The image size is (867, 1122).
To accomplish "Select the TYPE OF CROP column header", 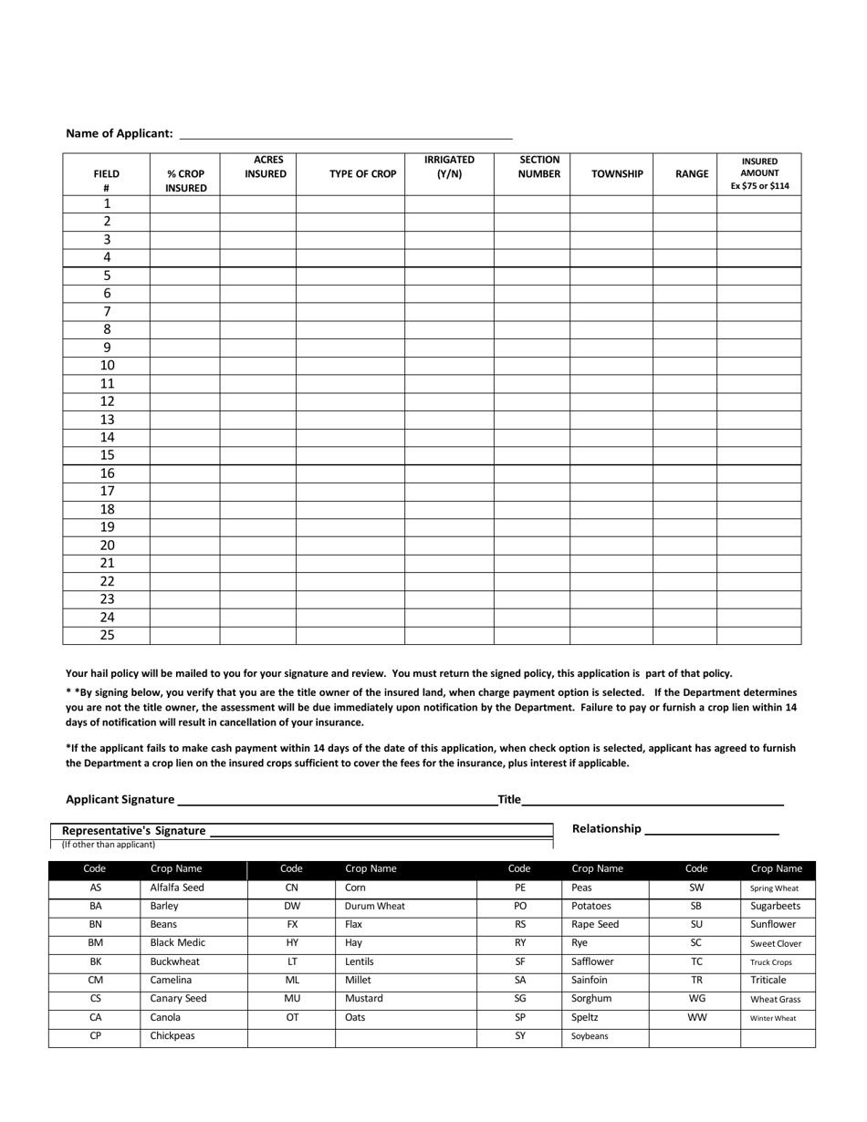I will [x=362, y=174].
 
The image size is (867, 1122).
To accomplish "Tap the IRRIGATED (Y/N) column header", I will [x=449, y=167].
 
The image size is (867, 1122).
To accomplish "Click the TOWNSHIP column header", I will [x=617, y=174].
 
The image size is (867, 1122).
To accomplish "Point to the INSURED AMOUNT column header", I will [x=759, y=173].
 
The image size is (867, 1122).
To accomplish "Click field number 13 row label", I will [x=107, y=421].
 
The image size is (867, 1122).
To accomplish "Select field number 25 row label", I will [x=107, y=636].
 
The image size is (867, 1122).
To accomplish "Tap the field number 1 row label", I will [x=107, y=204].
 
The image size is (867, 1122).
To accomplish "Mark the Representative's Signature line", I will [x=381, y=831].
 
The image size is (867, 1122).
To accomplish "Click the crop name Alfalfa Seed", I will [x=177, y=888].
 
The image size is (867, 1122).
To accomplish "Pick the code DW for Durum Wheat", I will [x=292, y=907].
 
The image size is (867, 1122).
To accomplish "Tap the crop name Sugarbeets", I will [x=775, y=907].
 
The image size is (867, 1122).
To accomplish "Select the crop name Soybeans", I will [x=590, y=1037].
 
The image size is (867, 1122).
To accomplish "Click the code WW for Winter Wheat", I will [x=695, y=1018].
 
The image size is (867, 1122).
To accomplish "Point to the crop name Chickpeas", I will [x=172, y=1036].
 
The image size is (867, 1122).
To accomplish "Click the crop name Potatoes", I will [x=590, y=907].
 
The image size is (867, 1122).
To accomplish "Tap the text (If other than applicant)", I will [x=109, y=845].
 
